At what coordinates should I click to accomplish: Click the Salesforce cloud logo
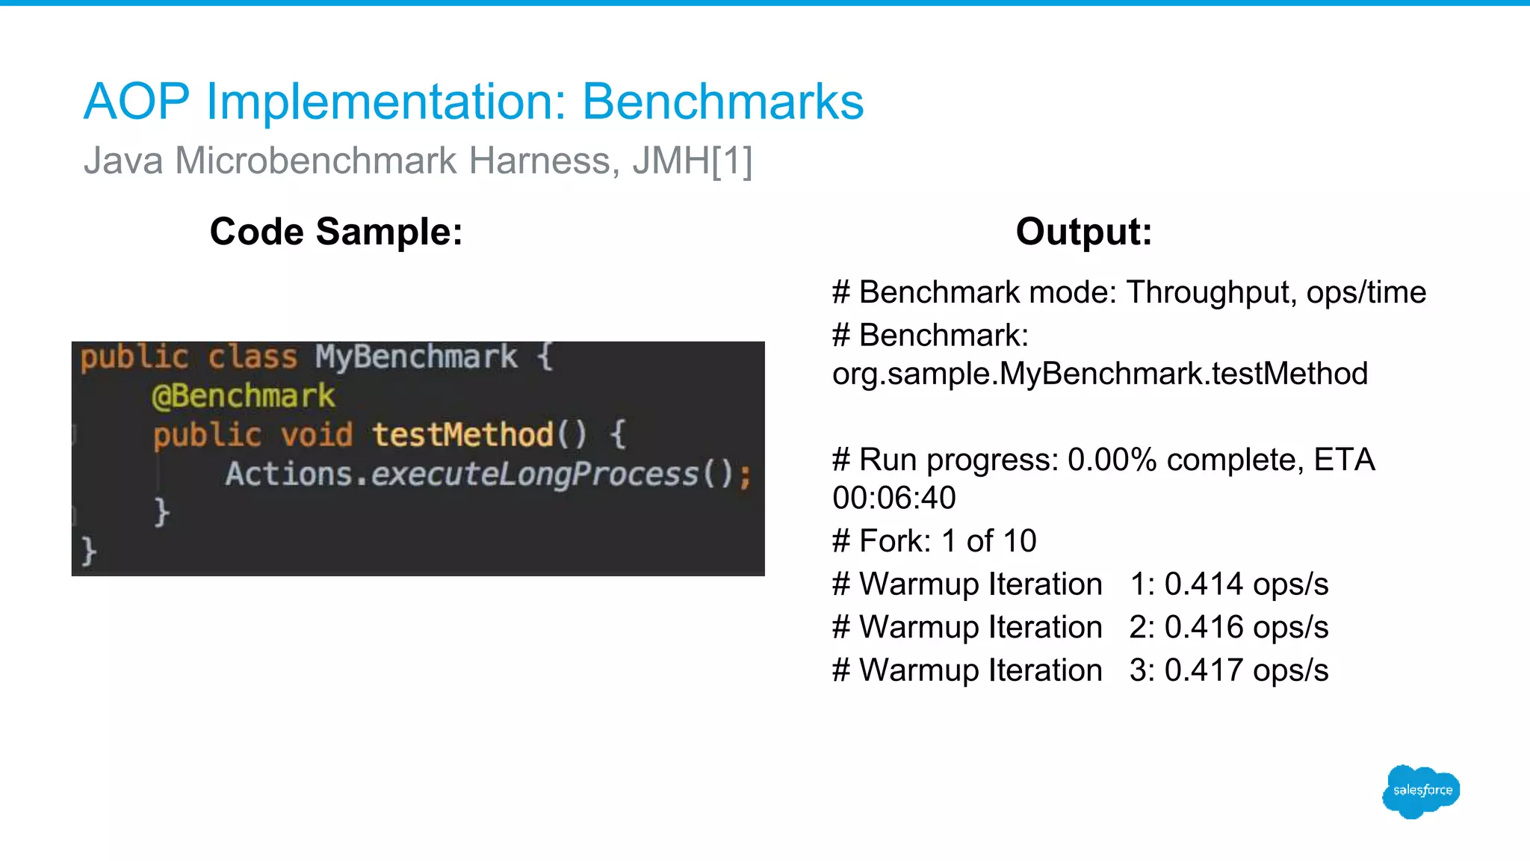click(x=1421, y=791)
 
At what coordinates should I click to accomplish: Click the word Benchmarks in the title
click(x=722, y=102)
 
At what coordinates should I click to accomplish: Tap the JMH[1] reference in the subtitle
click(x=692, y=161)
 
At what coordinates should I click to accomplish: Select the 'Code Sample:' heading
click(x=336, y=231)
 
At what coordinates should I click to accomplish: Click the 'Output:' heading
click(x=1083, y=231)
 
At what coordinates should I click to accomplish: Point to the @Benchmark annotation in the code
click(x=244, y=395)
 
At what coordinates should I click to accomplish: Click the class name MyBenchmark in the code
click(x=415, y=357)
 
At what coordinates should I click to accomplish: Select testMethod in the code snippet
click(x=463, y=434)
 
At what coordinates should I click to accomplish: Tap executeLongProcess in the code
click(x=534, y=474)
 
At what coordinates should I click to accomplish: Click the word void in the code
click(x=316, y=434)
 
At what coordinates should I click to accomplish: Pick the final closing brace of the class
click(x=89, y=552)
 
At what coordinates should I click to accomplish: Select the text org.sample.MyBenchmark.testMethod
click(x=1100, y=373)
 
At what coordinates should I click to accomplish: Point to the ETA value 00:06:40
click(x=894, y=498)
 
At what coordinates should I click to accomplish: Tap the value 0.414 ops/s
click(x=1246, y=584)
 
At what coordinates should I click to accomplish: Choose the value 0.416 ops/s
click(x=1246, y=627)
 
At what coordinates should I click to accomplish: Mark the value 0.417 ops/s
click(x=1246, y=670)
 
